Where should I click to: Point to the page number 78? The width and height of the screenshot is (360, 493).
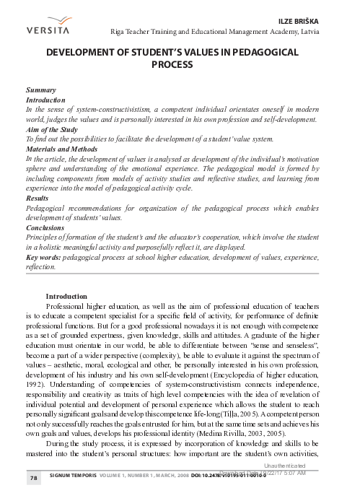[x=33, y=478]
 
